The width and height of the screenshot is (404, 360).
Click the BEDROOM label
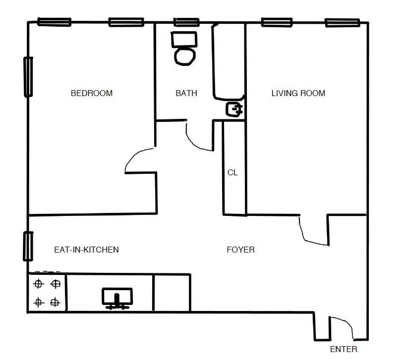point(92,93)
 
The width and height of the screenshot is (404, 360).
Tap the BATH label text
point(186,93)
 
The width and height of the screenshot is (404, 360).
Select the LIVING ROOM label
point(298,93)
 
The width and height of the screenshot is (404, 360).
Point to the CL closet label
point(232,173)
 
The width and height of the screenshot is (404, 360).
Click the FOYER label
point(240,250)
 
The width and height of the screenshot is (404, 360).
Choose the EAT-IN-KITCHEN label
point(86,250)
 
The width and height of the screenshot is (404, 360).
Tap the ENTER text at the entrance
point(344,350)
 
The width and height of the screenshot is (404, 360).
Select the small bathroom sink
point(234,109)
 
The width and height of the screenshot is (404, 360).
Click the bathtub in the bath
point(229,62)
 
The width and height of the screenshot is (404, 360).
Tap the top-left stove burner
point(38,284)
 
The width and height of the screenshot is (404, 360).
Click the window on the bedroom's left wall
point(28,77)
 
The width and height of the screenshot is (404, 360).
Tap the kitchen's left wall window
point(28,246)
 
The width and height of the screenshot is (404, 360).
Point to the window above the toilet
point(186,22)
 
